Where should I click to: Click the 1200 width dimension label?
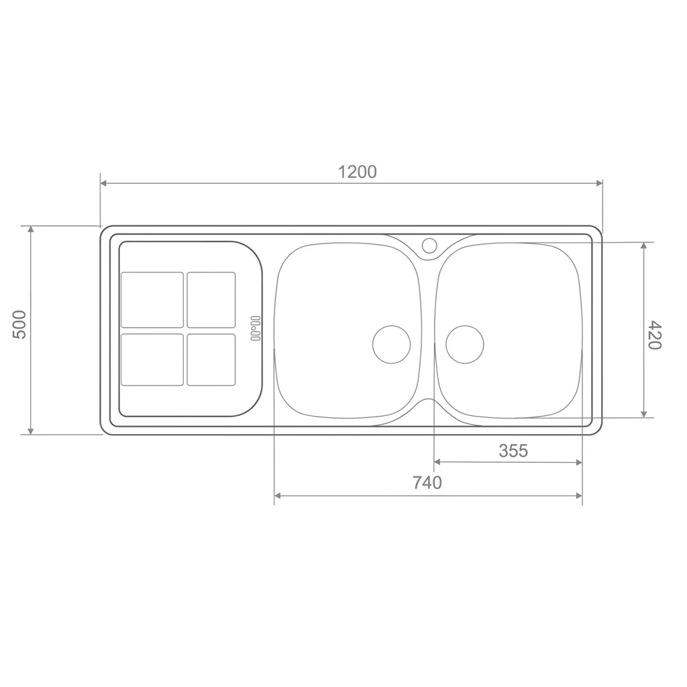[357, 172]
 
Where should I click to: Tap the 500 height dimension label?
[20, 325]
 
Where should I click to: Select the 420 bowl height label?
[654, 335]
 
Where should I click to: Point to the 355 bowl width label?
[513, 450]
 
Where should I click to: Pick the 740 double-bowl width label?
[427, 482]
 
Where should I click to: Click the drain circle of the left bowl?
[391, 344]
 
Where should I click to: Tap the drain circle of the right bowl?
[465, 344]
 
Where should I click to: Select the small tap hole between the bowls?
[429, 245]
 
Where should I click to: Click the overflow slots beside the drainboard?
[256, 328]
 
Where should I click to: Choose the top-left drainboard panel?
[152, 300]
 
